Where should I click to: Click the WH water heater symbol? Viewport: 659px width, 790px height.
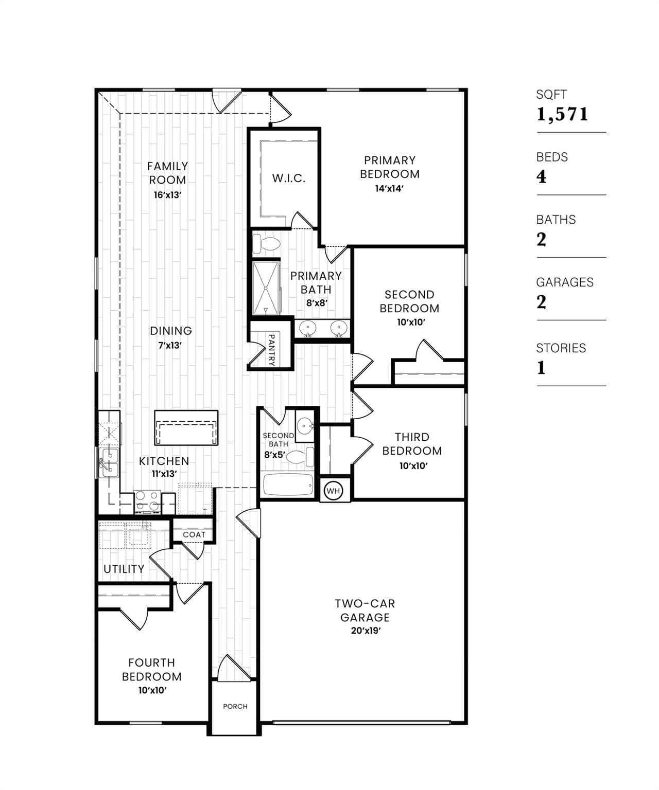pyautogui.click(x=333, y=491)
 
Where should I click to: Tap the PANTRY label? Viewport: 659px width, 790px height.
pyautogui.click(x=271, y=350)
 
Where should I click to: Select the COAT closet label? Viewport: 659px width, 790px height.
pyautogui.click(x=194, y=534)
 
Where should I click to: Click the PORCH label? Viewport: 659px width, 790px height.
pyautogui.click(x=235, y=706)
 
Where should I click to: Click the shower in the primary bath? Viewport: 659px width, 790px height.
pyautogui.click(x=266, y=288)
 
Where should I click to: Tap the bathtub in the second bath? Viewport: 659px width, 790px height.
pyautogui.click(x=288, y=485)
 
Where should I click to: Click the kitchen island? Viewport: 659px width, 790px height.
pyautogui.click(x=186, y=427)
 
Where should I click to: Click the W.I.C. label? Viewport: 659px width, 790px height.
pyautogui.click(x=289, y=178)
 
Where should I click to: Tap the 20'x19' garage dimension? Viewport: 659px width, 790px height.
pyautogui.click(x=366, y=631)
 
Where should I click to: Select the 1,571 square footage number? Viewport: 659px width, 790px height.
pyautogui.click(x=562, y=114)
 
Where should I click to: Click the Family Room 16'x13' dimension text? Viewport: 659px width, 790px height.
pyautogui.click(x=167, y=195)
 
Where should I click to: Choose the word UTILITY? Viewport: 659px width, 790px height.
pyautogui.click(x=124, y=569)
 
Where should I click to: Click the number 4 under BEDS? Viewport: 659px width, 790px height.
pyautogui.click(x=542, y=177)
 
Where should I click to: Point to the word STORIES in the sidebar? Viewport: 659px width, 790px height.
pyautogui.click(x=561, y=348)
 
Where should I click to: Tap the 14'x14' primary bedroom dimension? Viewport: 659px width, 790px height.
pyautogui.click(x=389, y=189)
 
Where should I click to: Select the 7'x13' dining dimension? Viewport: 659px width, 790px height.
pyautogui.click(x=170, y=346)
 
